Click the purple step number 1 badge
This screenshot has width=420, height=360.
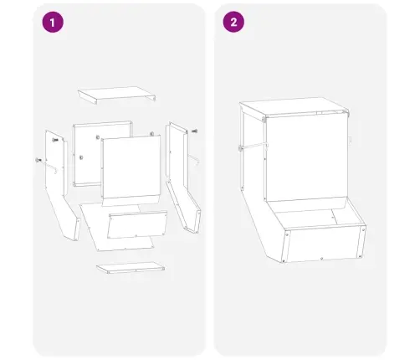tap(53, 22)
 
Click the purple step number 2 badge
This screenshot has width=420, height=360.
tap(233, 22)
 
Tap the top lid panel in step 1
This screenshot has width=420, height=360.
tap(116, 95)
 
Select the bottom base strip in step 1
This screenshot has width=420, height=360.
tap(131, 267)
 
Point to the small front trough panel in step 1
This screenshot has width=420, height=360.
tap(137, 224)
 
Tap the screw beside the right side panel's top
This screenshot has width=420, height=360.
tap(195, 131)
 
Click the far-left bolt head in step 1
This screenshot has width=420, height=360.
tap(38, 160)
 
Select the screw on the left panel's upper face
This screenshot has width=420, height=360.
tap(55, 140)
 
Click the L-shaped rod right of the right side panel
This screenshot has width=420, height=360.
tap(194, 159)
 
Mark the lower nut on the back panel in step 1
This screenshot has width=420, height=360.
tap(81, 157)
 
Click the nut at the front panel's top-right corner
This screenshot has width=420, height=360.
tap(152, 134)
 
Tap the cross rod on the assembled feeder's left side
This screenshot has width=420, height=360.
tap(254, 147)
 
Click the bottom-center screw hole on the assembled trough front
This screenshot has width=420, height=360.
tap(322, 259)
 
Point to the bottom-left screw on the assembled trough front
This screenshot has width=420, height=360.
tap(284, 261)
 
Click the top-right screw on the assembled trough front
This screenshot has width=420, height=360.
tap(364, 229)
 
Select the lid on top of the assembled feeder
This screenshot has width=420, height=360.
tap(295, 107)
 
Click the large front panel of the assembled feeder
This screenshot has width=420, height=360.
tap(306, 159)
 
